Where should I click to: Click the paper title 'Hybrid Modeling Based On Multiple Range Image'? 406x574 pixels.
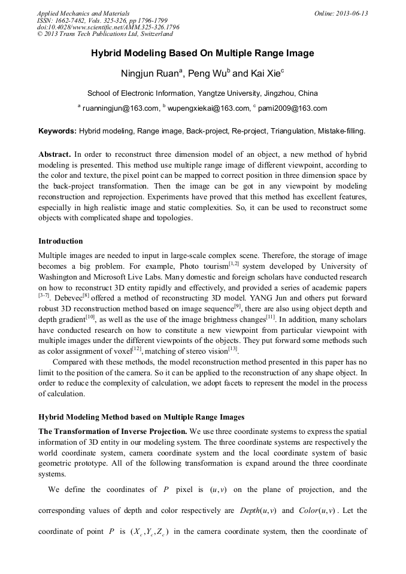pos(202,53)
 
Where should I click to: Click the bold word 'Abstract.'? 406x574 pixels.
pos(55,153)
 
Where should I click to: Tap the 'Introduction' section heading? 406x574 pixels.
pos(60,241)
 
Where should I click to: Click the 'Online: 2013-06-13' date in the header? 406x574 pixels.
pos(341,13)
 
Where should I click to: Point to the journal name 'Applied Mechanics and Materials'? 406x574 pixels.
pos(83,13)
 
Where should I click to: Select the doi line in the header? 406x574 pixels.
pos(108,28)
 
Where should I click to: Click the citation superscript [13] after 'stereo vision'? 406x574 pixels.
pos(233,349)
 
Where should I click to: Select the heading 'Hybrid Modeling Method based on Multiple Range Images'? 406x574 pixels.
pos(141,417)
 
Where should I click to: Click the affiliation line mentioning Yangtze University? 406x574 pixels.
pos(202,93)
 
